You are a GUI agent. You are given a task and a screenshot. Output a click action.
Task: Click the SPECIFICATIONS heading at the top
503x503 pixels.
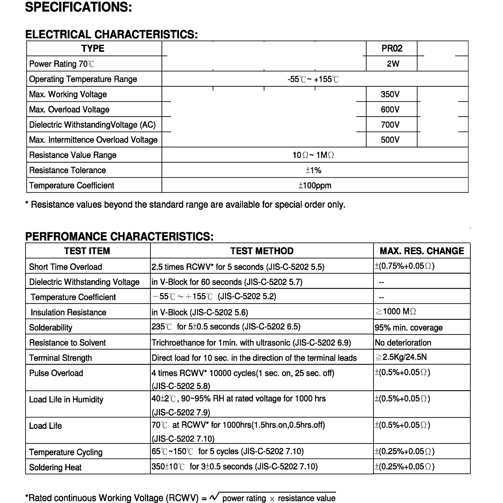[79, 8]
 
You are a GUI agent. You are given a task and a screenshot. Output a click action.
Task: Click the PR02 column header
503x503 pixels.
[392, 49]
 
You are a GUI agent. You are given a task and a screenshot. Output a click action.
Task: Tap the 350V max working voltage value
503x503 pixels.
[390, 94]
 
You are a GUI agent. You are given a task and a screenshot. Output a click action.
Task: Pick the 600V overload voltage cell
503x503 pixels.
[390, 109]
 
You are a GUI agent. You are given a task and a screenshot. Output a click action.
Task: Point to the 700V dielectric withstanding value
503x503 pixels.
[390, 124]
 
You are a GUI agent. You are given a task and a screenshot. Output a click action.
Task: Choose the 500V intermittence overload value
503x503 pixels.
[390, 140]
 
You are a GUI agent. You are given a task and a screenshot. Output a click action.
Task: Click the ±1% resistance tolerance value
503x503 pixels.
[314, 170]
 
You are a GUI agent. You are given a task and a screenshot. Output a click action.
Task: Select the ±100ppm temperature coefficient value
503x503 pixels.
[314, 185]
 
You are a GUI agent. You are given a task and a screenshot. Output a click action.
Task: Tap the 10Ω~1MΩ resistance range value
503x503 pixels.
[314, 155]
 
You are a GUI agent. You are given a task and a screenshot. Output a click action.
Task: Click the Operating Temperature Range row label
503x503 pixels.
[83, 79]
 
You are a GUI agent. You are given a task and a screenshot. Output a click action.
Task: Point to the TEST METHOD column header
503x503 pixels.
[262, 251]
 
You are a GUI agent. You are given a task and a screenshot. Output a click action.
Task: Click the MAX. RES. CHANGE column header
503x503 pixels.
[422, 251]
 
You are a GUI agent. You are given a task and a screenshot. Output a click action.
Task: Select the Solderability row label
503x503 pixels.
[51, 328]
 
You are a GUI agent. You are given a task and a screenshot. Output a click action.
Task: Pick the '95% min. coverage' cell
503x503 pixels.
[409, 328]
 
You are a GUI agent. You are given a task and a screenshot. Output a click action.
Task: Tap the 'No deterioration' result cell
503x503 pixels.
[403, 343]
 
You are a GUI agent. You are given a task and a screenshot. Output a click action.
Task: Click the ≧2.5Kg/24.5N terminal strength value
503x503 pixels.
[401, 358]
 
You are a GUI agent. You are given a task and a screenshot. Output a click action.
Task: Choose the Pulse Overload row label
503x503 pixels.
[56, 373]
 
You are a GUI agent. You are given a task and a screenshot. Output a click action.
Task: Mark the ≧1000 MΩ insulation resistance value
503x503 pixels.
[396, 311]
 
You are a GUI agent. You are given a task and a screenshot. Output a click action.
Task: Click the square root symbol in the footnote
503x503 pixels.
[214, 497]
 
